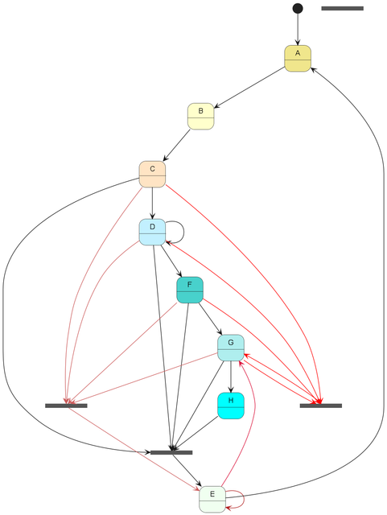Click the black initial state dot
coord(298,8)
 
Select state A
coord(298,59)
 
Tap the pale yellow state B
coord(200,116)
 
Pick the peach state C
coord(152,174)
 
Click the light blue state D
coord(152,232)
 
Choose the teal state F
coord(190,290)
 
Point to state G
coord(231,348)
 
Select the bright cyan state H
coord(231,406)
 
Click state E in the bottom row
coord(212,499)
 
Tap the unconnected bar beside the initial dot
coord(342,8)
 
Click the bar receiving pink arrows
coord(66,406)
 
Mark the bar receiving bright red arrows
coord(321,406)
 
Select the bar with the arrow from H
coord(171,452)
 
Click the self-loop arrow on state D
coord(183,232)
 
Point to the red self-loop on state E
coord(244,499)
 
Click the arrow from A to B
coord(249,88)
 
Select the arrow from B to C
coord(176,145)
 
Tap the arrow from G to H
coord(231,377)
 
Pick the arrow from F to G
coord(210,319)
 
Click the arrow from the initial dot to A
coord(298,29)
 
